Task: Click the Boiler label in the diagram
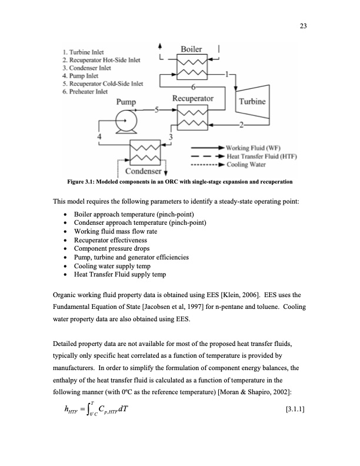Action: click(x=192, y=49)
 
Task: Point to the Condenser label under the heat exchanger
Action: click(x=141, y=171)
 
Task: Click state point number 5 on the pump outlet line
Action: click(x=156, y=110)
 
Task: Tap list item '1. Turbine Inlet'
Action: click(x=86, y=53)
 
